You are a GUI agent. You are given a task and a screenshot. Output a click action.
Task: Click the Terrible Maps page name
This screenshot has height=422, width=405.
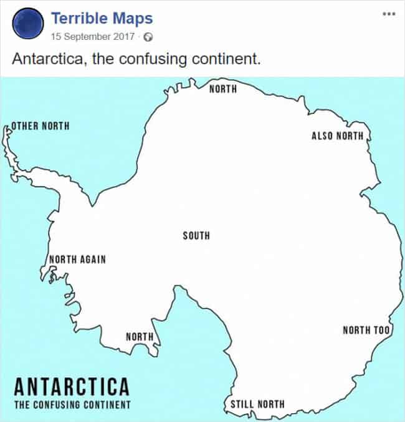pyautogui.click(x=102, y=18)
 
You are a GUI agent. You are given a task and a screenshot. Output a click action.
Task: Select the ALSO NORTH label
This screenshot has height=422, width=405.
pyautogui.click(x=336, y=136)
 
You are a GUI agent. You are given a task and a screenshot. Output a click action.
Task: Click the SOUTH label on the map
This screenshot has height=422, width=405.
pyautogui.click(x=196, y=235)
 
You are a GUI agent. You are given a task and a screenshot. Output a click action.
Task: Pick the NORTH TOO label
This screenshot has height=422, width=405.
pyautogui.click(x=366, y=329)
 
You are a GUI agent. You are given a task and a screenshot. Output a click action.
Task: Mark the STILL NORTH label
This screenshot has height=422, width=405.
pyautogui.click(x=257, y=404)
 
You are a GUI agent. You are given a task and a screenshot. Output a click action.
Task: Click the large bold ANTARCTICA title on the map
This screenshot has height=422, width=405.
pyautogui.click(x=72, y=387)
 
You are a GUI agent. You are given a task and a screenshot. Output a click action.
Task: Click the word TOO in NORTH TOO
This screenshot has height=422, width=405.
pyautogui.click(x=381, y=329)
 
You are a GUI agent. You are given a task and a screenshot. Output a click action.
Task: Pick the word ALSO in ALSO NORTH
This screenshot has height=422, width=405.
pyautogui.click(x=322, y=136)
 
